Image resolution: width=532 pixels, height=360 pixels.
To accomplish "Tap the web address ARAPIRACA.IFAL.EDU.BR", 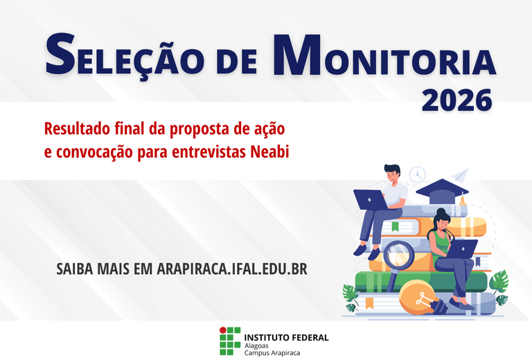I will point(231,269).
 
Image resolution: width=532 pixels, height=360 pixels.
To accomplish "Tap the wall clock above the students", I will point(417,174).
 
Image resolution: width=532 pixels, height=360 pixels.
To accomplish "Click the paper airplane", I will point(460,173).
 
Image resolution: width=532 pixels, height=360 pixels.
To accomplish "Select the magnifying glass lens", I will point(398,255).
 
